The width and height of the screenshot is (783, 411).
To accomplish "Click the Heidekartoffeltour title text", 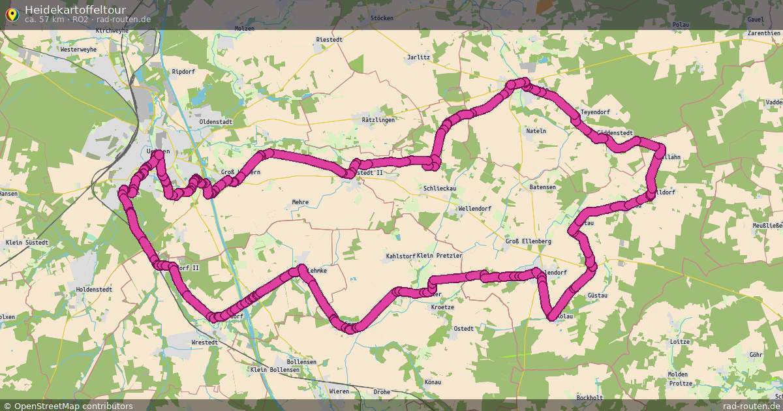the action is click(x=75, y=9).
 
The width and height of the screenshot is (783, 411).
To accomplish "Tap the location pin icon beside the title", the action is click(x=12, y=13).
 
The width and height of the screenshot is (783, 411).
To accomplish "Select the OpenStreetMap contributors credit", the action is click(x=73, y=406).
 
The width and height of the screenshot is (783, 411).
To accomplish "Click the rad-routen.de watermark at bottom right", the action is click(x=752, y=406).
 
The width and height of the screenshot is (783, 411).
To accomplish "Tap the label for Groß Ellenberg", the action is click(x=529, y=241).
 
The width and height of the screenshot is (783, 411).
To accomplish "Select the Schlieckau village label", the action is click(x=440, y=188).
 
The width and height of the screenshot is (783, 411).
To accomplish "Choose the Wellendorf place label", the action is click(x=474, y=208).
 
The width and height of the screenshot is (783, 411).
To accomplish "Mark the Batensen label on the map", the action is click(x=543, y=187).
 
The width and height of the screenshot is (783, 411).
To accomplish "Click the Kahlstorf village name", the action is click(x=401, y=256).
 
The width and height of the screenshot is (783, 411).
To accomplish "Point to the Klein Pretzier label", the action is click(x=439, y=256).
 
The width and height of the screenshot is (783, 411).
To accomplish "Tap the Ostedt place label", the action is click(x=463, y=329).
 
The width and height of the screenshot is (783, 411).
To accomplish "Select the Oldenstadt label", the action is click(x=215, y=121).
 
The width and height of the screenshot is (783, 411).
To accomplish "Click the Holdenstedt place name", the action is click(x=94, y=289).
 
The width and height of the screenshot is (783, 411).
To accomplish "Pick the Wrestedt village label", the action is click(x=204, y=342).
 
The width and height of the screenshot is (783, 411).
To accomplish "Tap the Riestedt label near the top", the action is click(x=330, y=40).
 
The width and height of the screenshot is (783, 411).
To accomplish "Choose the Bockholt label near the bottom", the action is click(x=590, y=397).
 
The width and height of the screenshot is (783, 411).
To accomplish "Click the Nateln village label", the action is click(x=536, y=131).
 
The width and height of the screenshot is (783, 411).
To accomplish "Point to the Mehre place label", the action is click(x=300, y=202).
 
